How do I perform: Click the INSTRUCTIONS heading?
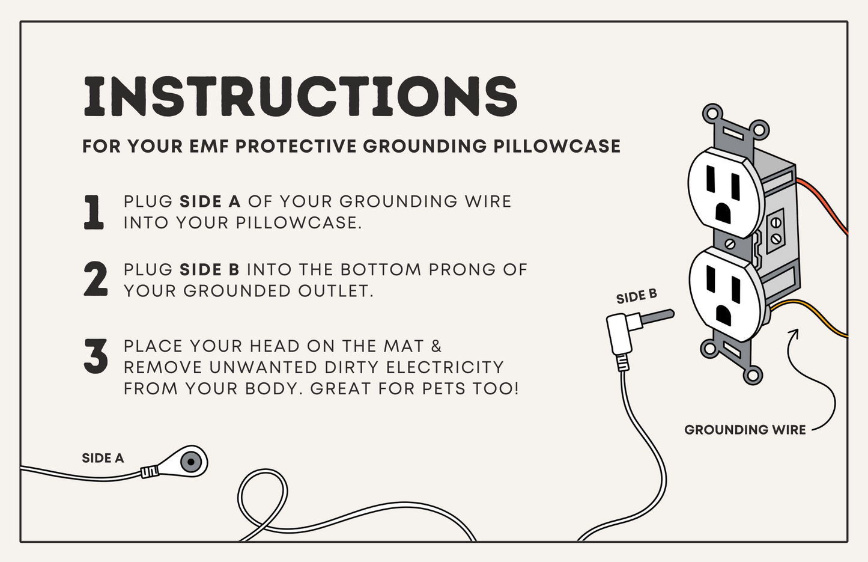point(300,97)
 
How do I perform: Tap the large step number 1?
point(94,213)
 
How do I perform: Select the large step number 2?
point(96,279)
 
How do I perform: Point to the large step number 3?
point(96,356)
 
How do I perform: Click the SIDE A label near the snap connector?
point(103,458)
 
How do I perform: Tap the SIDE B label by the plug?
point(637,296)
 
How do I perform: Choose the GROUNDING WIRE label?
point(745,430)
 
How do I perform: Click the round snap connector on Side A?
point(190,461)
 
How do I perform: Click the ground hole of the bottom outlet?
point(724,317)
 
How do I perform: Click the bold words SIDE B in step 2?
point(210,270)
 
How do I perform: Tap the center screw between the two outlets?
point(730,244)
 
